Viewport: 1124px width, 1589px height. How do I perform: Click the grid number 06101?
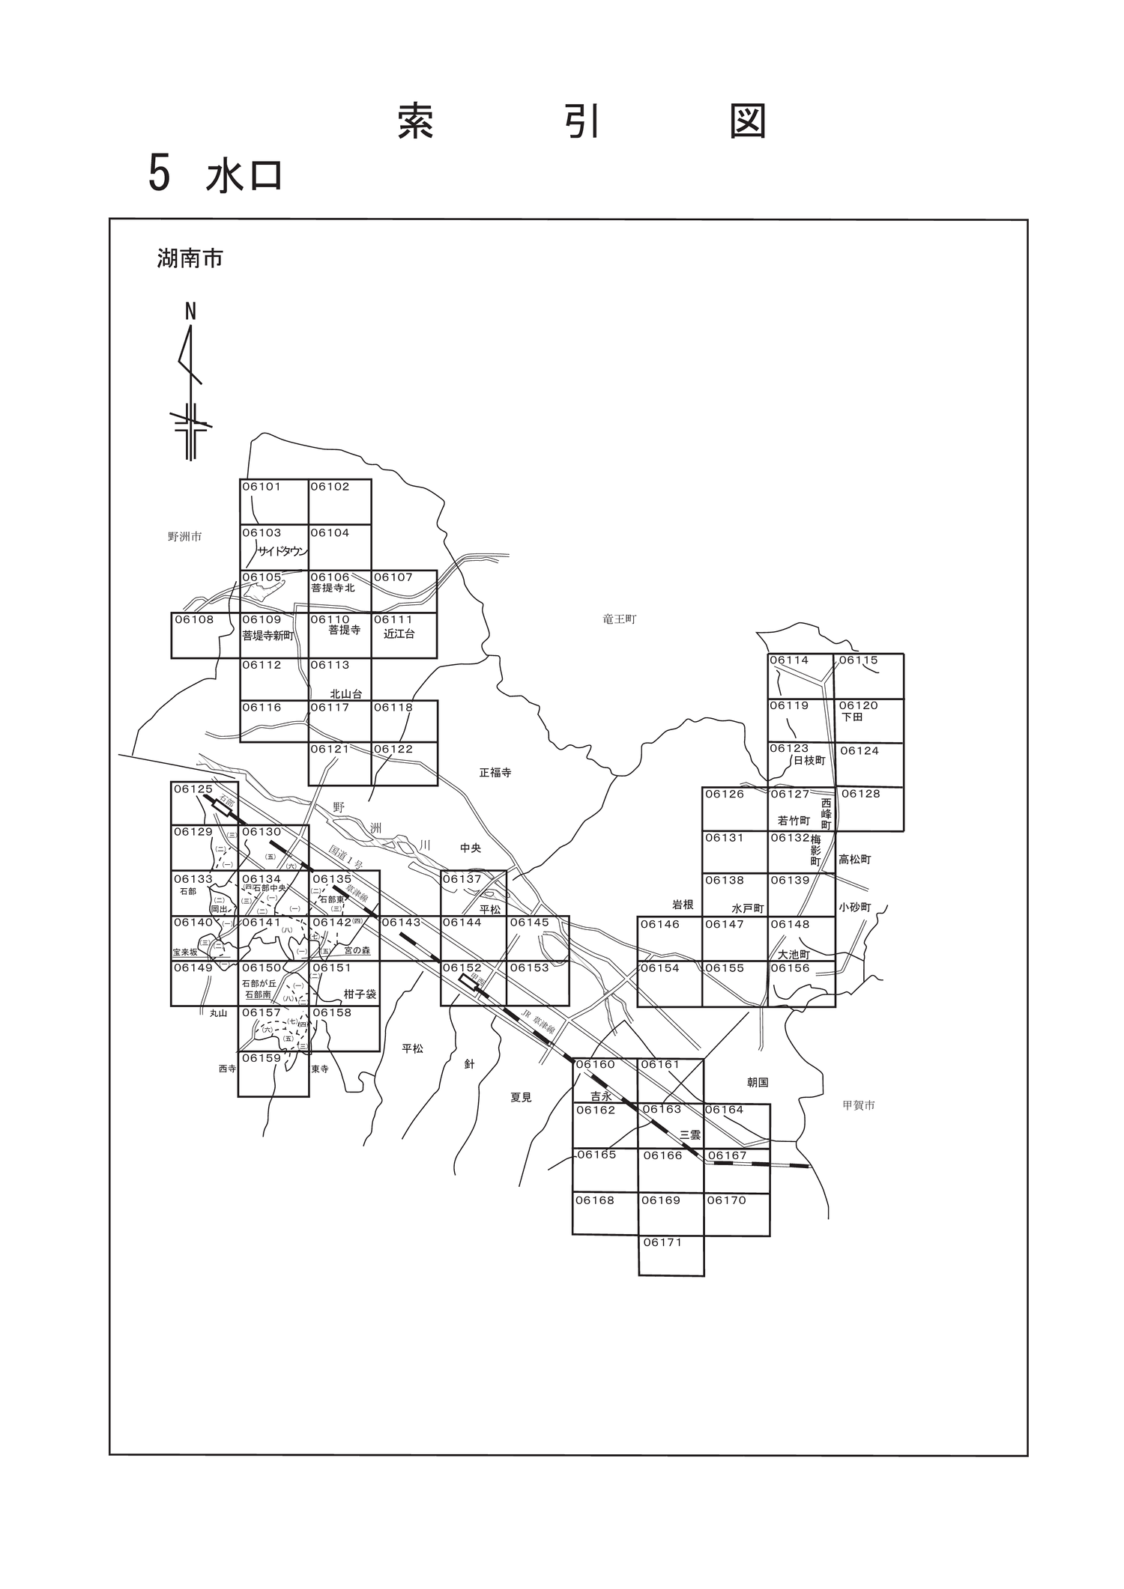pos(262,487)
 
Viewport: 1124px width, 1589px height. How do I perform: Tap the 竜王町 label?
pos(619,619)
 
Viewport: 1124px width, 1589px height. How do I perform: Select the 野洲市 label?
pos(184,537)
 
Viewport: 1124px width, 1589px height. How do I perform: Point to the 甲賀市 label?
pos(858,1105)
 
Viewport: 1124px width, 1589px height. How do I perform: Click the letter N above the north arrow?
pos(190,312)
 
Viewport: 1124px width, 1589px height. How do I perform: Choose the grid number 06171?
pos(662,1242)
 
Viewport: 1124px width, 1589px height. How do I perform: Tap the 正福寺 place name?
pos(495,773)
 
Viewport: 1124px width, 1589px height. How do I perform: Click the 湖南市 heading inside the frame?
pos(190,259)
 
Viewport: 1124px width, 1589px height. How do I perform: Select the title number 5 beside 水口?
pos(159,174)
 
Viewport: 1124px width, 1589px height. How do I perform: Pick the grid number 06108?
pos(194,620)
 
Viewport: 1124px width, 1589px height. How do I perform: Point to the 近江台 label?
pos(399,634)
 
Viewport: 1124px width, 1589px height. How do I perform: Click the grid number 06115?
pos(858,660)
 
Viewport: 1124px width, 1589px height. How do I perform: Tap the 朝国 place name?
pos(758,1083)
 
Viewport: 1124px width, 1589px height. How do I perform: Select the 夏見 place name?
pos(521,1098)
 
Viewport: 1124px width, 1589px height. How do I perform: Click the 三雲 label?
pos(690,1134)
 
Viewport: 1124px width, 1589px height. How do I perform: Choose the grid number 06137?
pos(462,879)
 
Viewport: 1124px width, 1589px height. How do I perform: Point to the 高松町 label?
pos(855,860)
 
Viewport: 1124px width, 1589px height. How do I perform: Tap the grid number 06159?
pos(262,1058)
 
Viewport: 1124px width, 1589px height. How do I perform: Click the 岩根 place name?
pos(683,905)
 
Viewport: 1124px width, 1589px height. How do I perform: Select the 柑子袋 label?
pos(360,994)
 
